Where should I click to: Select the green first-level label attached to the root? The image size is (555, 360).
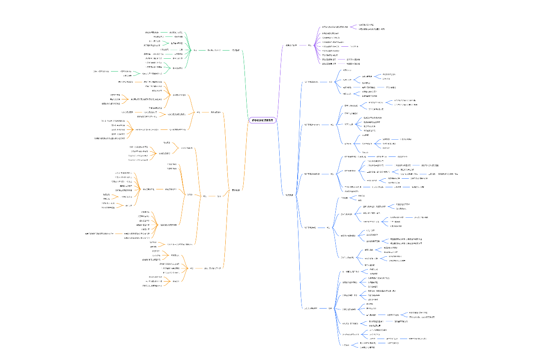[235, 50]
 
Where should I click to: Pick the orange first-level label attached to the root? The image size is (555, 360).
[236, 190]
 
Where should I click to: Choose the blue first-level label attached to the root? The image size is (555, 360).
[289, 195]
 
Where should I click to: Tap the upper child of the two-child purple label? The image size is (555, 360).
[366, 25]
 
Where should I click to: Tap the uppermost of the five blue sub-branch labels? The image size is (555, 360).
[312, 81]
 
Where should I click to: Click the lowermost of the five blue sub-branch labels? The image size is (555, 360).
[311, 308]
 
